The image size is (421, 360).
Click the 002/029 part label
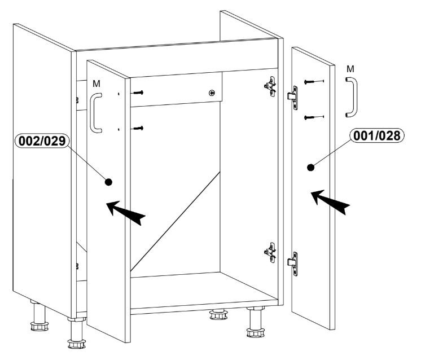coord(42,141)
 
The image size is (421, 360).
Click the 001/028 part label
coord(376,135)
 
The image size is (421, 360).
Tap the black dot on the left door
coord(108,182)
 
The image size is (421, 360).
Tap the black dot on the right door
coord(310,168)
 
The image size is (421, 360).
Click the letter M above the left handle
coord(97,84)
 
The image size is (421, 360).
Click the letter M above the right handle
coord(350,69)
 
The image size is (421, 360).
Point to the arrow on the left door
coord(126,213)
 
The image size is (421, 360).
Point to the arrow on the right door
coord(330,201)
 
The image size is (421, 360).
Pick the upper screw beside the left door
coord(138,93)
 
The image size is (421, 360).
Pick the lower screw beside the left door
coord(138,128)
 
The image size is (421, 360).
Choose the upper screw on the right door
coord(314,81)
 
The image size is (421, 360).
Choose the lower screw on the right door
coord(314,117)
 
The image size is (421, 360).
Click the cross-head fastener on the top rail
coord(212,93)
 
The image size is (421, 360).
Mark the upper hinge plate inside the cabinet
coord(270,86)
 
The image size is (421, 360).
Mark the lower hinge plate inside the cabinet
coord(270,253)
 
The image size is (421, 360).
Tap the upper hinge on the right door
coord(293,98)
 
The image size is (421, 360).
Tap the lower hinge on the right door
coord(293,264)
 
